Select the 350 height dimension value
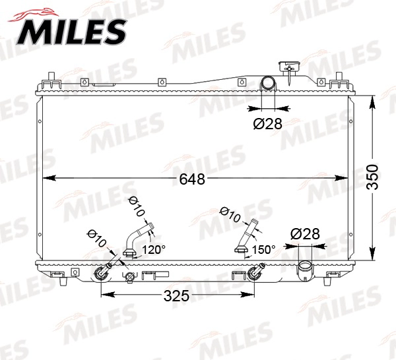point(373,177)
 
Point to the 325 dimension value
point(176,295)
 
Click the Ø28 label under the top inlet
point(268,123)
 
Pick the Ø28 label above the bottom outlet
point(305,233)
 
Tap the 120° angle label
point(154,250)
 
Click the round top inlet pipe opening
point(269,84)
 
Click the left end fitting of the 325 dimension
point(102,272)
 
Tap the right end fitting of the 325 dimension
point(255,272)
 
